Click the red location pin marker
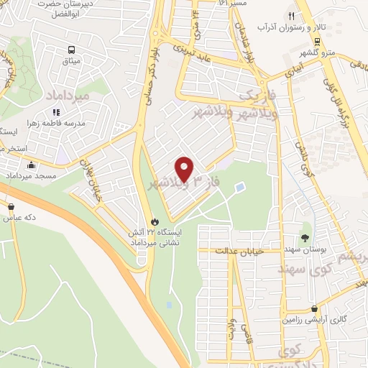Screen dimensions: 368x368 (x=185, y=168)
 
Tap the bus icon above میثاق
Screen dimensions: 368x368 (x=72, y=50)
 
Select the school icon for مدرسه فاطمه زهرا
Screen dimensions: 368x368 (x=55, y=111)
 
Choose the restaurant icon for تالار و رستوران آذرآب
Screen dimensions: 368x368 (x=291, y=15)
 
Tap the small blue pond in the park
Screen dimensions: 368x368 (x=239, y=188)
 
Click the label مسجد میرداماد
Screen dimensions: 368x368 (x=43, y=176)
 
